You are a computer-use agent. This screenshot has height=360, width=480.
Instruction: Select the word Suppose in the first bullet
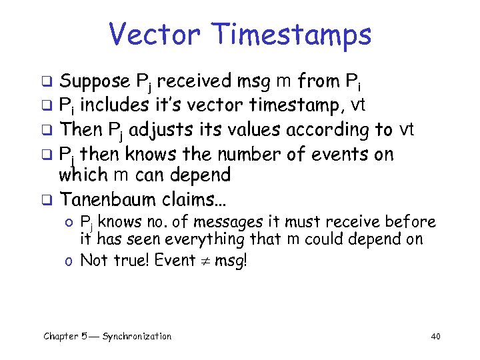95,82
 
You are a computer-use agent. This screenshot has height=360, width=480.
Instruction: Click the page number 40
435,337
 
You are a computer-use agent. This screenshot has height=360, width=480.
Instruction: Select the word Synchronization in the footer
137,337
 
